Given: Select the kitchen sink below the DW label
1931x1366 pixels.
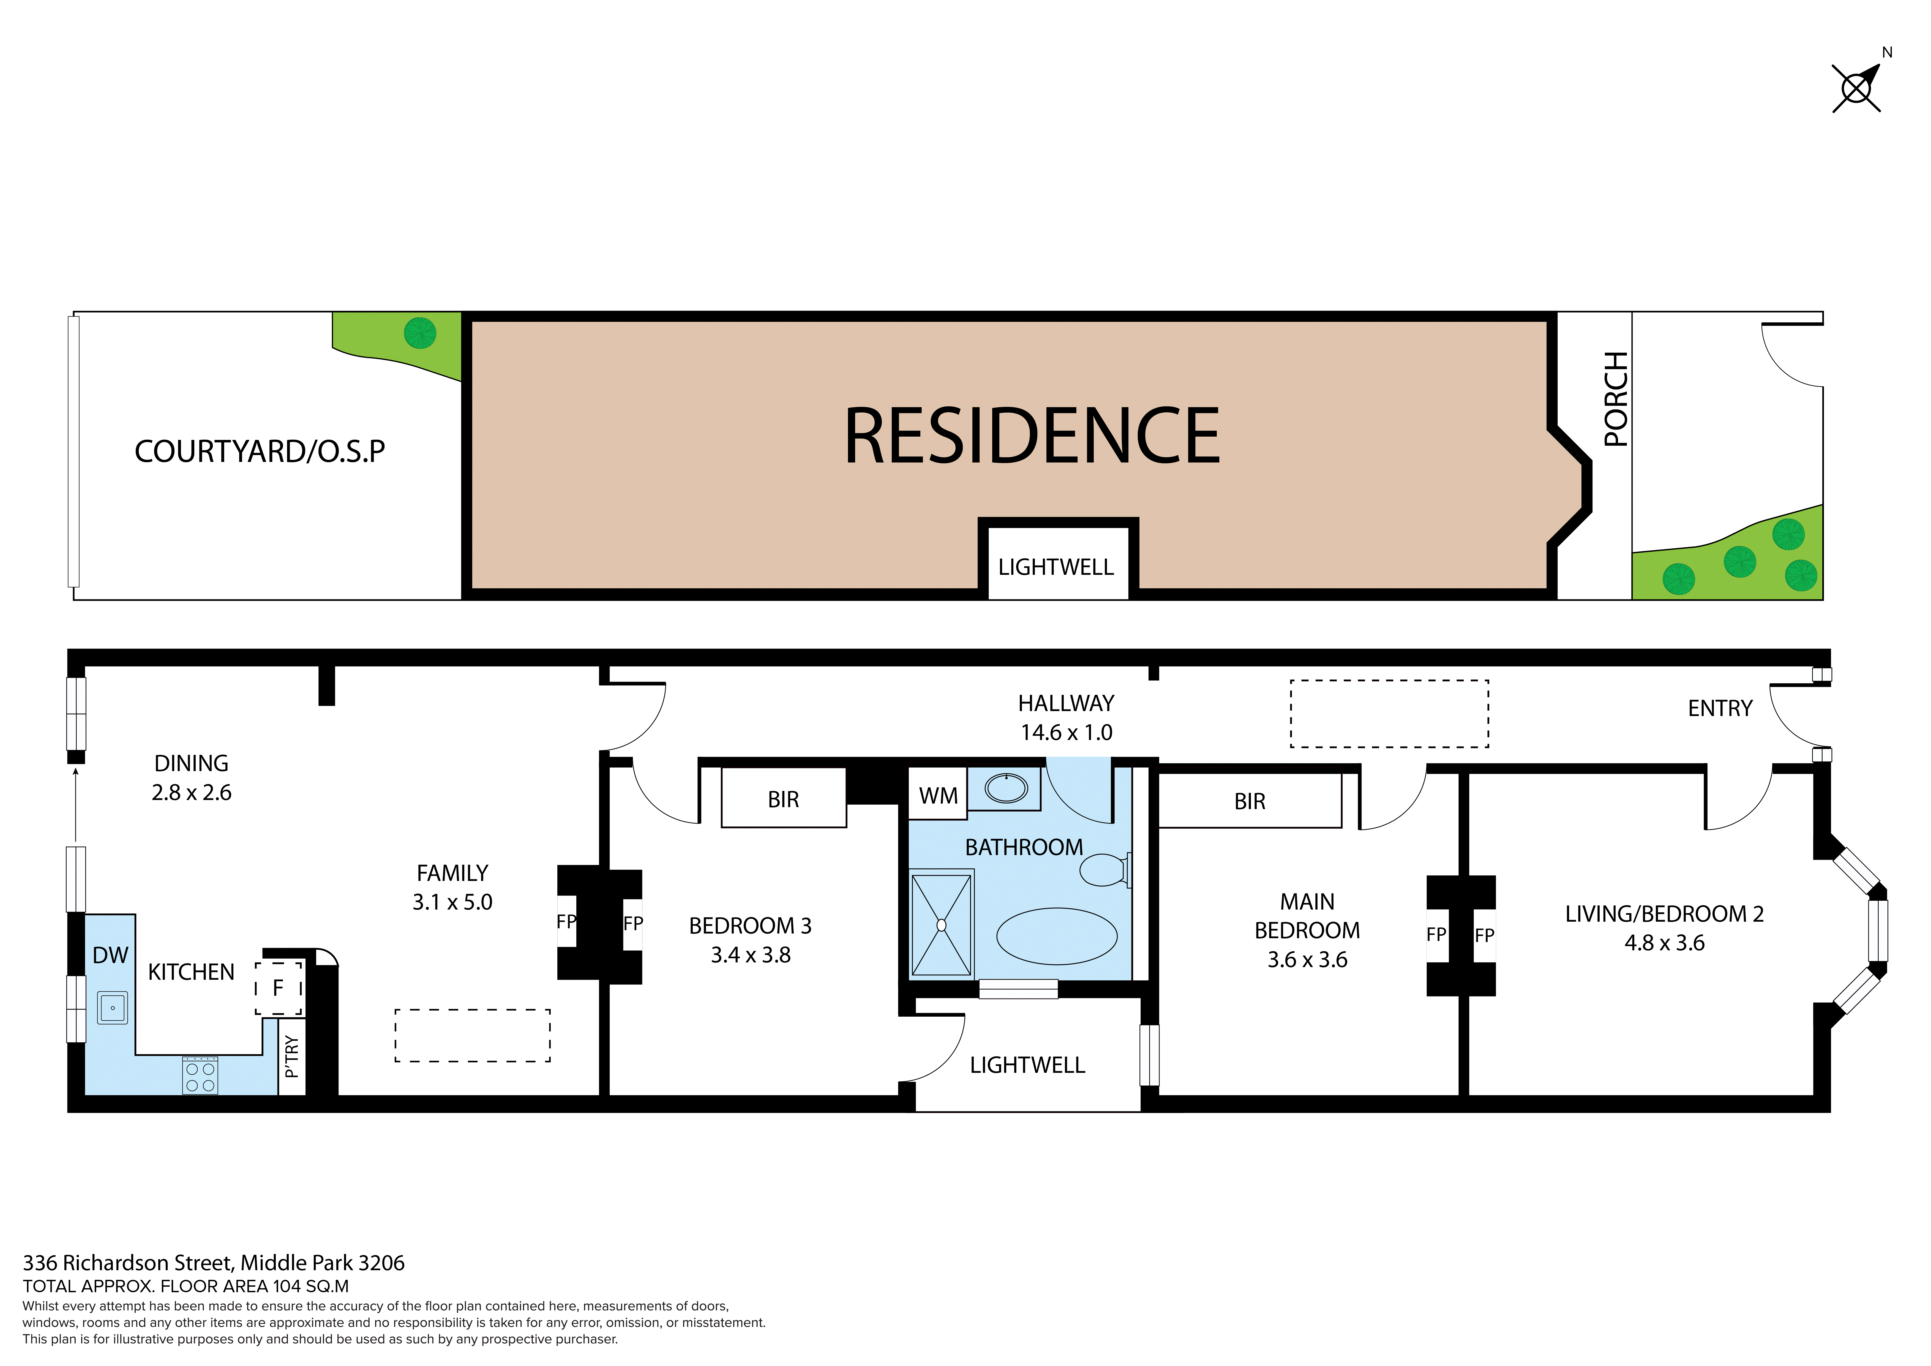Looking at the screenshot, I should (x=113, y=1007).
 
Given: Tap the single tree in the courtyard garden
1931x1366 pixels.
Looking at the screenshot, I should (x=420, y=333).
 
